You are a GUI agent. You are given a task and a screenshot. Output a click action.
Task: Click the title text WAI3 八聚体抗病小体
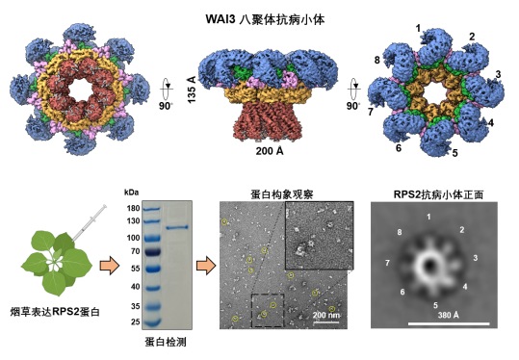265,19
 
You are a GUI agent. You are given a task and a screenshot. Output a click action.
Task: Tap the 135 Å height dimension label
192,90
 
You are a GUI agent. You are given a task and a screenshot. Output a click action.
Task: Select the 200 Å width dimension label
270,151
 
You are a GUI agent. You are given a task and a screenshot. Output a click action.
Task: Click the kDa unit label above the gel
131,193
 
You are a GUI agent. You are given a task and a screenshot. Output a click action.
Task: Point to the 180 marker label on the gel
133,208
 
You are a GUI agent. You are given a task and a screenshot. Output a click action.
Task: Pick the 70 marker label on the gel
135,251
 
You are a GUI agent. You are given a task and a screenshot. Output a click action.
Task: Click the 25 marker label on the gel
135,321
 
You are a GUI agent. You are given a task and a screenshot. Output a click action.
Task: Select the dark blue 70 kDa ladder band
152,253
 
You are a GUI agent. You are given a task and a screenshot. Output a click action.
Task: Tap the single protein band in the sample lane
177,227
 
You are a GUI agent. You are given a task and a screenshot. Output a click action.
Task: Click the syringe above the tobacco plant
89,223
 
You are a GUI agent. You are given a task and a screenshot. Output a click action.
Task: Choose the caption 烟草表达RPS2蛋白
55,312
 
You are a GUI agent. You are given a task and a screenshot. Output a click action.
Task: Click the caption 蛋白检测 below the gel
166,342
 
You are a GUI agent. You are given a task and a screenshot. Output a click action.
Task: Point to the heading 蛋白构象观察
282,194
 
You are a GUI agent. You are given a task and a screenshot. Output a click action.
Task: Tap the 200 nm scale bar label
326,315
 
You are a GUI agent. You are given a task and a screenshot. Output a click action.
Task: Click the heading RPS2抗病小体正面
438,194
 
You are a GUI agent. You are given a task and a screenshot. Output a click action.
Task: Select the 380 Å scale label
449,315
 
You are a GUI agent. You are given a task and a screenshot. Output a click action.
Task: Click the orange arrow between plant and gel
109,266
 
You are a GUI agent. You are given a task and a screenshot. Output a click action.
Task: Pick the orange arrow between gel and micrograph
206,266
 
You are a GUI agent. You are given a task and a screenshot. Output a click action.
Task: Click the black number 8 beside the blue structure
377,61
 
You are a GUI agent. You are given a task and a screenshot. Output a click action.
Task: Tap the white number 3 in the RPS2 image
476,258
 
